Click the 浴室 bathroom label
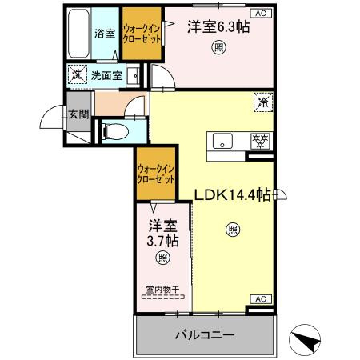coord(104,34)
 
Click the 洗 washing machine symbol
coord(77,76)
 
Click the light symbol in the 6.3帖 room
coord(218,48)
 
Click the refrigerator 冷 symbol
coord(262,102)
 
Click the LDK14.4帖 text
coord(231,195)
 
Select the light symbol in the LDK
coord(232,230)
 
